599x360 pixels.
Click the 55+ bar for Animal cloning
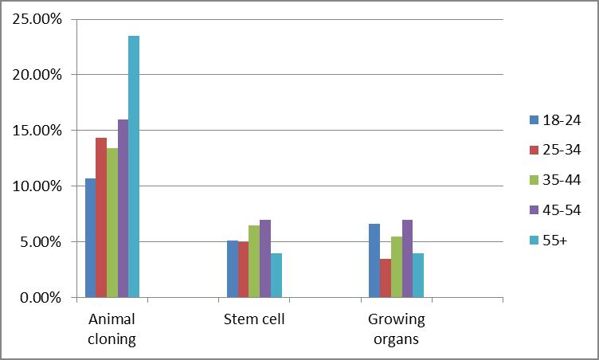134,166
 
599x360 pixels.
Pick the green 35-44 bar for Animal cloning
112,223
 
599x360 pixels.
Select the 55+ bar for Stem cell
276,275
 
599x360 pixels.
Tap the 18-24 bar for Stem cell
233,268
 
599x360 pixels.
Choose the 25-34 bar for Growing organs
386,278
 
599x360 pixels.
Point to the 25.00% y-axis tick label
37,18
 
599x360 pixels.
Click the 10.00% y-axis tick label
37,186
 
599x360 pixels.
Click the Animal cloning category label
112,329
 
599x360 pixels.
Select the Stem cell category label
253,320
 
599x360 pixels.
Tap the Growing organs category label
397,329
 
